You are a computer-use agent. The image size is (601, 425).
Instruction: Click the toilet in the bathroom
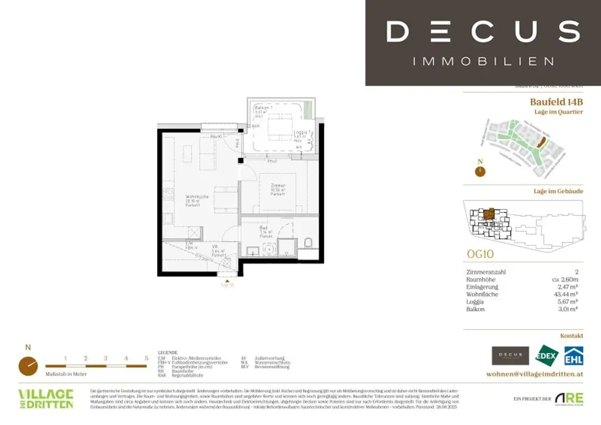pyautogui.click(x=308, y=242)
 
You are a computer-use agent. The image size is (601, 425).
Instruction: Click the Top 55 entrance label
pyautogui.click(x=227, y=284)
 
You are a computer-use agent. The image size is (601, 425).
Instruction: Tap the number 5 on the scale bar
pyautogui.click(x=146, y=358)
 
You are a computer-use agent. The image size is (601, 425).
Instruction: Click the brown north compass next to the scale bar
pyautogui.click(x=28, y=366)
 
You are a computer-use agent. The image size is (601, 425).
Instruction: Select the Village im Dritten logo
pyautogui.click(x=46, y=398)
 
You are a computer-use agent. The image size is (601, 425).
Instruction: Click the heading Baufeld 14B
pyautogui.click(x=556, y=102)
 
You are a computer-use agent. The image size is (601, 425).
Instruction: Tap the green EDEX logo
pyautogui.click(x=546, y=356)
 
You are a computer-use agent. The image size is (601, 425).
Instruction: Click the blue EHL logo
pyautogui.click(x=573, y=356)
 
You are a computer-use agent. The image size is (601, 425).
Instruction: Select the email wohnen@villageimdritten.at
pyautogui.click(x=535, y=374)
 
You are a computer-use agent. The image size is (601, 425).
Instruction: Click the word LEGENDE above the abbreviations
pyautogui.click(x=168, y=353)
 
